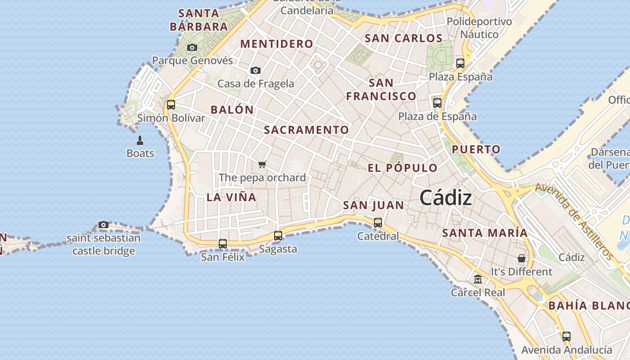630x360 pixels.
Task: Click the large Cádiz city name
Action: [x=445, y=198]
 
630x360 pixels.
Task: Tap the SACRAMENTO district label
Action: [x=306, y=130]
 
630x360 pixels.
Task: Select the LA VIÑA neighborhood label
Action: [x=231, y=197]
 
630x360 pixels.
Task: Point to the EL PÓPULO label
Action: [x=402, y=168]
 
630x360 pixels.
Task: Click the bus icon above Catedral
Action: [x=378, y=222]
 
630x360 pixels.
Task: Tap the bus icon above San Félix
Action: [x=223, y=244]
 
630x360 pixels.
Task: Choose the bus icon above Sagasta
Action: [x=278, y=235]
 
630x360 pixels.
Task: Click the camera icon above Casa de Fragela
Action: [x=256, y=70]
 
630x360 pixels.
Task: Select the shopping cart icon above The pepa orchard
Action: [x=262, y=164]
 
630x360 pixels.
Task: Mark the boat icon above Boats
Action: [x=139, y=140]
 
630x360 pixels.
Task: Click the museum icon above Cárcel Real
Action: [x=478, y=279]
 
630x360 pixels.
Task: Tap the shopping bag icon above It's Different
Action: [x=521, y=258]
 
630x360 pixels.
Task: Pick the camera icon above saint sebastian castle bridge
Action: [x=103, y=225]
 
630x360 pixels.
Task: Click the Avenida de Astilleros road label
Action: [x=575, y=221]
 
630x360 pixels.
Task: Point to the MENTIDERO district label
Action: [x=276, y=44]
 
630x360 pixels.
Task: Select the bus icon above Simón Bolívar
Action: [x=171, y=105]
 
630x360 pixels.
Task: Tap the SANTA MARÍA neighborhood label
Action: [x=485, y=233]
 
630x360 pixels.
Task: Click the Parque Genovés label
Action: [x=193, y=60]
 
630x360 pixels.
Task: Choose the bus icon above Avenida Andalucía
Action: [x=567, y=336]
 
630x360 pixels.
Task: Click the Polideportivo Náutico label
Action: [x=479, y=28]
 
